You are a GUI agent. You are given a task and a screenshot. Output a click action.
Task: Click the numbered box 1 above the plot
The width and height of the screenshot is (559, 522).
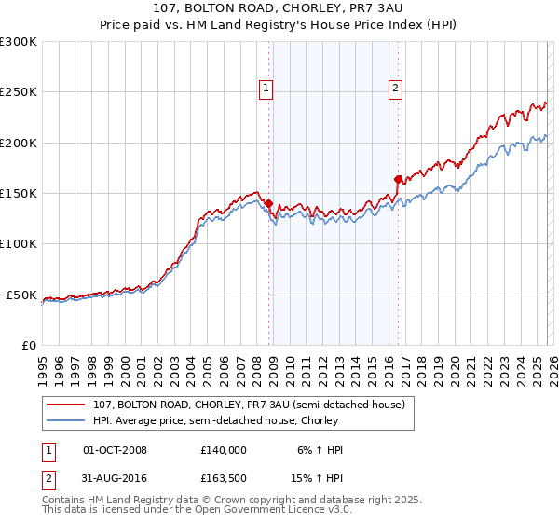[x=266, y=89]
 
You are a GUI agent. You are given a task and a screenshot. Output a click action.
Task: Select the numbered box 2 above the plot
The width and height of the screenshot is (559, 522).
[x=395, y=89]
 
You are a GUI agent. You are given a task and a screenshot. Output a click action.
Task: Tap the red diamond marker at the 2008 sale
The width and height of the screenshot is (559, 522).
[x=269, y=203]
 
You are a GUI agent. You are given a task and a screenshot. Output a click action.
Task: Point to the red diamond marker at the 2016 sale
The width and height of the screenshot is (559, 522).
[x=398, y=179]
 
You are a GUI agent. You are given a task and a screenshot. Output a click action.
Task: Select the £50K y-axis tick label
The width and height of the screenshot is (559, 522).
[x=21, y=295]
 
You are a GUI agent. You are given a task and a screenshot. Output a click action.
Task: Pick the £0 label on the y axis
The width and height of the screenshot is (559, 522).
[x=28, y=345]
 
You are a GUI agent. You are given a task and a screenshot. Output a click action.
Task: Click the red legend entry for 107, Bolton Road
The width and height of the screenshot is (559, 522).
[x=249, y=405]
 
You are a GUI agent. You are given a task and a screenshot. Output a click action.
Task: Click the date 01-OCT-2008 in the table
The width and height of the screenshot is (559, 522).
[x=116, y=450]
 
